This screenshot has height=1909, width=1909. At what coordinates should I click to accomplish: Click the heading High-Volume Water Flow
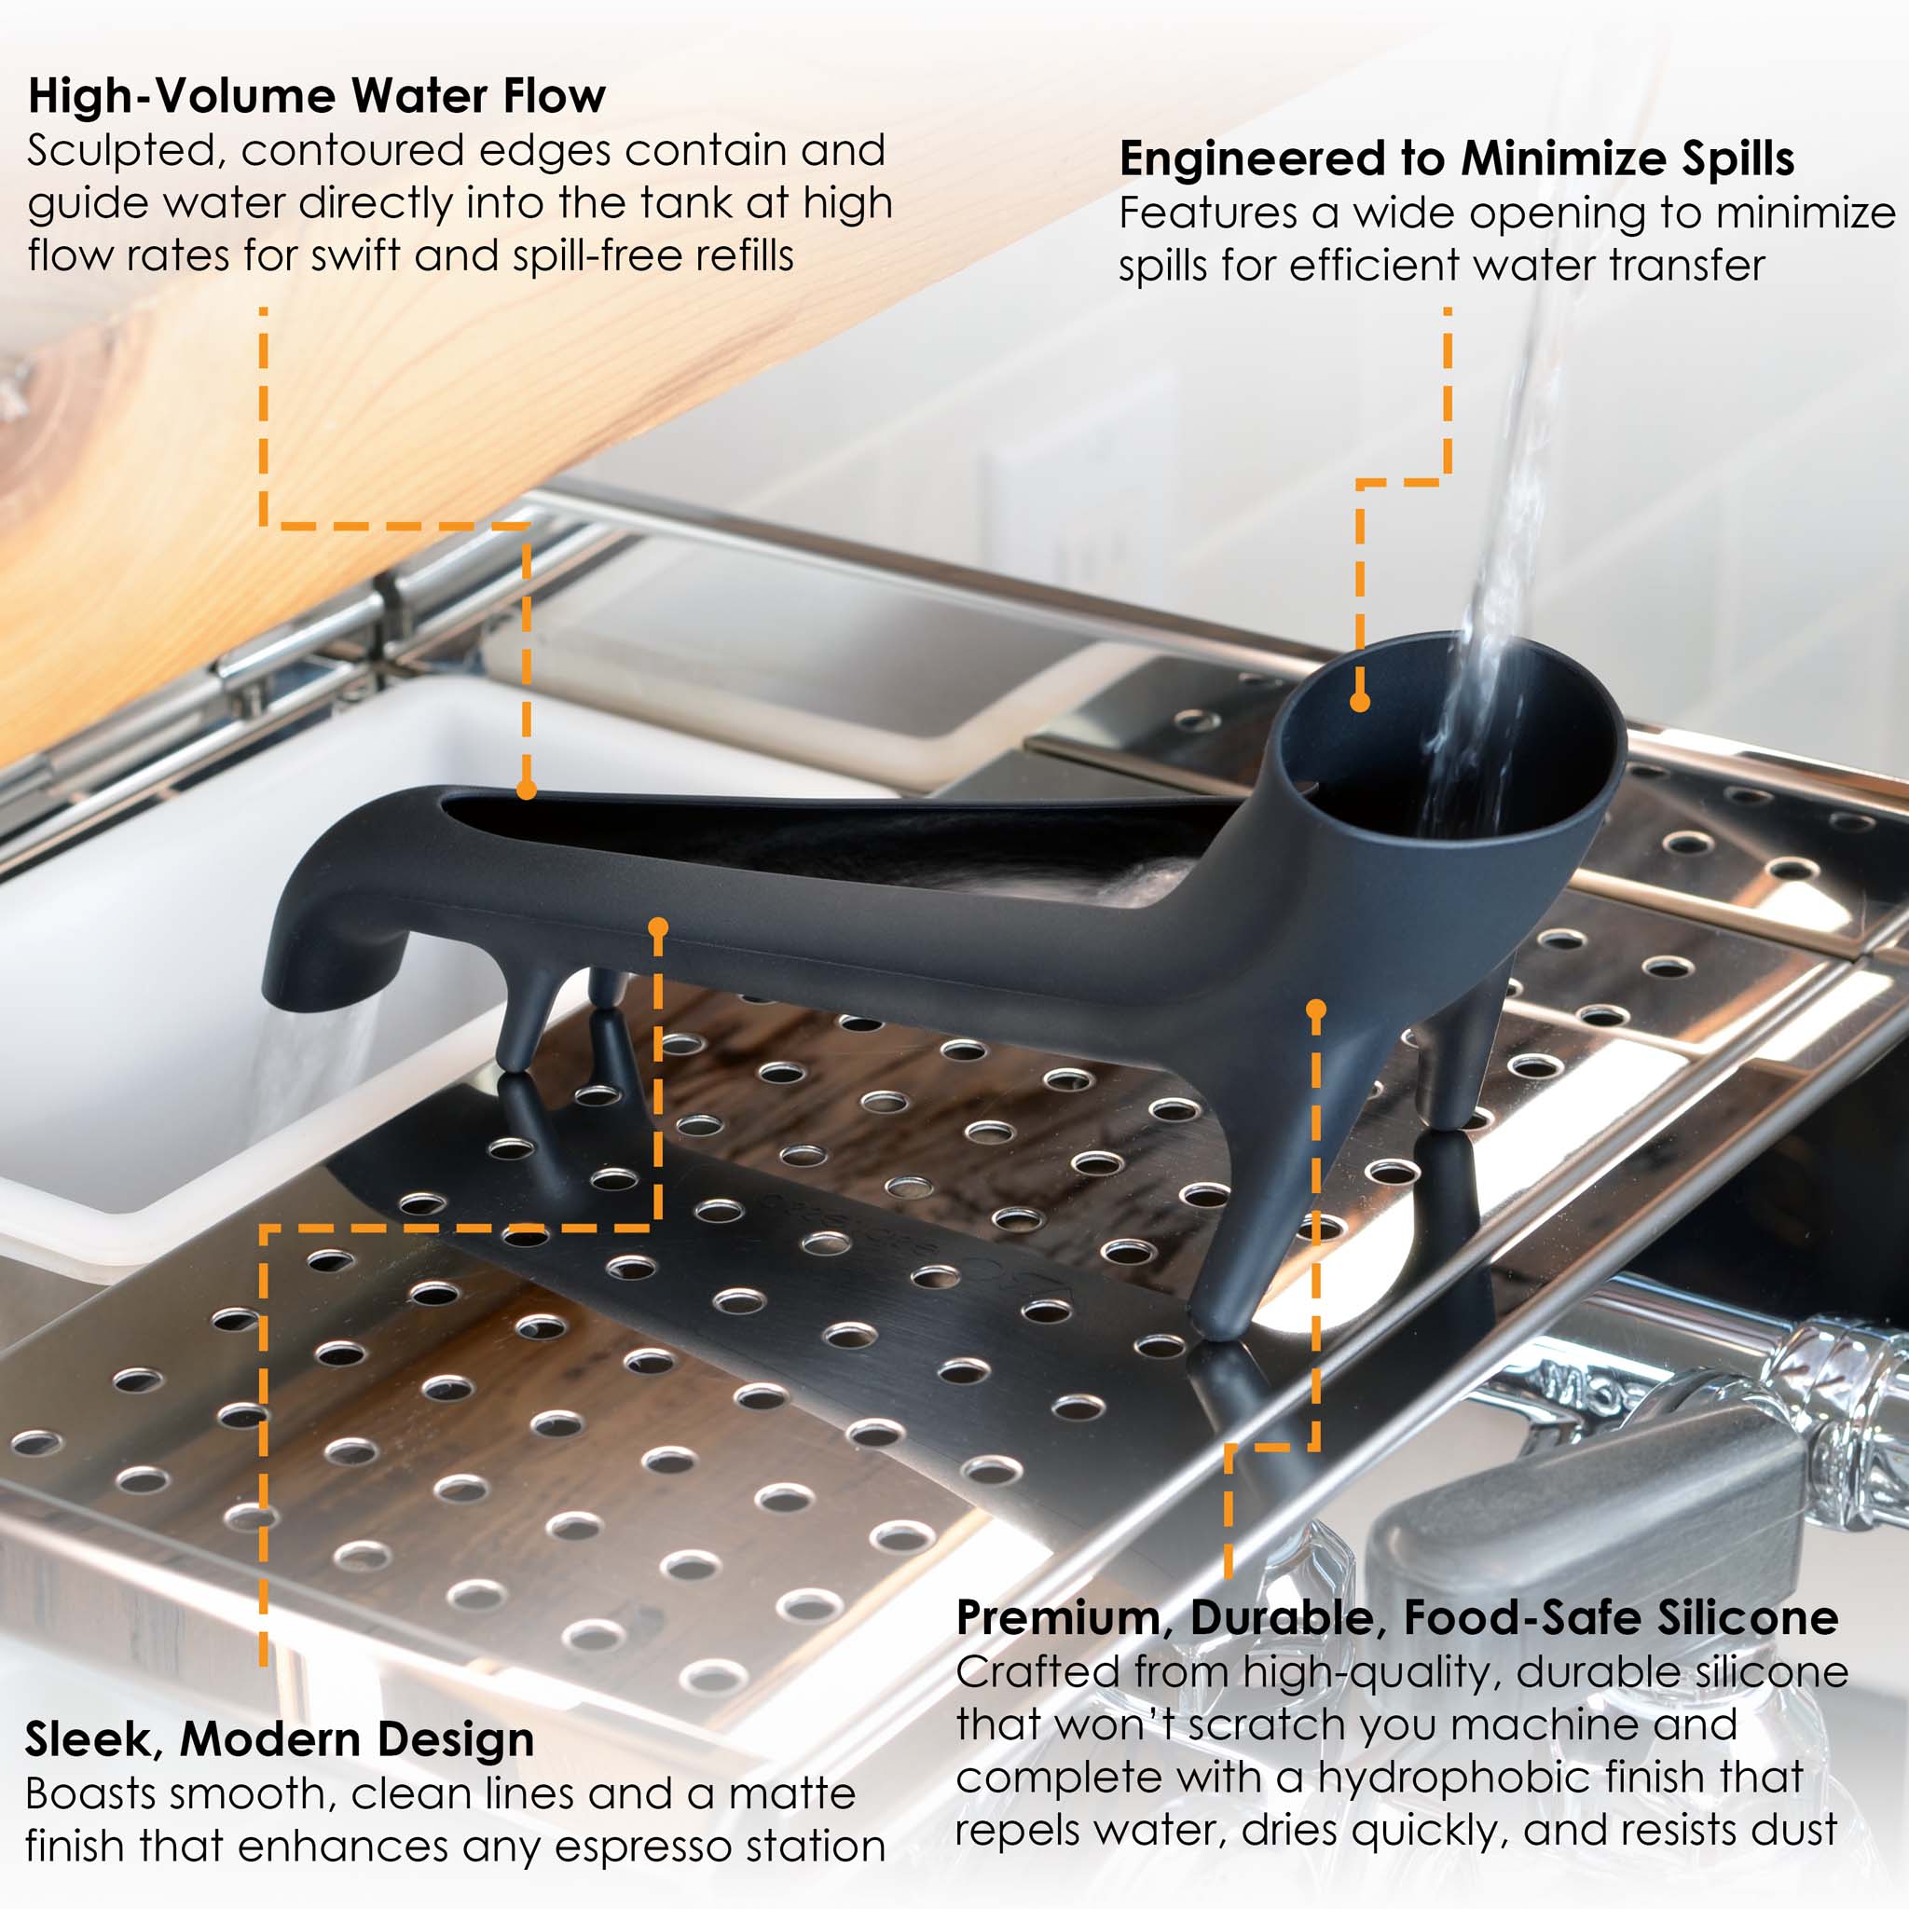[x=316, y=96]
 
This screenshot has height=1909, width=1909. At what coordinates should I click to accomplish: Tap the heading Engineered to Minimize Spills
[x=1457, y=159]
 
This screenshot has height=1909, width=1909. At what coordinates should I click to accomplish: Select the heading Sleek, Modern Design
[x=280, y=1739]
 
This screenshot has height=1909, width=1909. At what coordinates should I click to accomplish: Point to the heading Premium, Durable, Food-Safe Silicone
[x=1397, y=1617]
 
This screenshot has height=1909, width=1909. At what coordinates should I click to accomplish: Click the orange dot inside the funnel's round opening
[x=1360, y=703]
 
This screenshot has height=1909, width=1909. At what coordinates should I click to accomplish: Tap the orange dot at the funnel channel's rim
[x=527, y=790]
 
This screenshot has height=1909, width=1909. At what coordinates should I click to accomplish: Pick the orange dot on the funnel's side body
[x=658, y=927]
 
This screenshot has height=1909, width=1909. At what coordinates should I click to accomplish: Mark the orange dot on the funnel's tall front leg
[x=1315, y=1009]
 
